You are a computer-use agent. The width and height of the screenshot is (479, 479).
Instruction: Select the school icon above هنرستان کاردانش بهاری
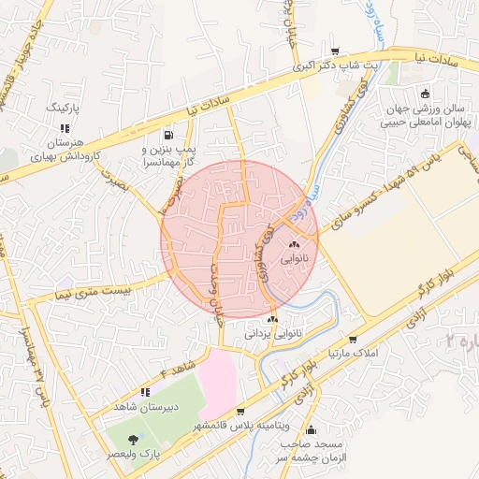[64, 129]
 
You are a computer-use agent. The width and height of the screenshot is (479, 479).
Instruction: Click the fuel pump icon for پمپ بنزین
[168, 134]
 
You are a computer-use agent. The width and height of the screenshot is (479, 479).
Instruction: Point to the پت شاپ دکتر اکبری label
[335, 66]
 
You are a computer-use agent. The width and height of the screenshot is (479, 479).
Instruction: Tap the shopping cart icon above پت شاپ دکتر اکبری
[335, 51]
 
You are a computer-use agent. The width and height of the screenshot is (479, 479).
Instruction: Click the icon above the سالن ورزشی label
[426, 94]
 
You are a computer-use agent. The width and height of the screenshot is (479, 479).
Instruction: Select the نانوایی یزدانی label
[272, 333]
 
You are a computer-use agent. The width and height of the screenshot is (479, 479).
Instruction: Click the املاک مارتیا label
[352, 355]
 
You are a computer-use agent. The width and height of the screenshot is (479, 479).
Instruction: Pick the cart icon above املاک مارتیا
[352, 340]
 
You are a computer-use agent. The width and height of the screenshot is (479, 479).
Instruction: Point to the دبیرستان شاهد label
[145, 407]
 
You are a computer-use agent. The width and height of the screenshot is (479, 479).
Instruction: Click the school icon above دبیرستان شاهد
[145, 392]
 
